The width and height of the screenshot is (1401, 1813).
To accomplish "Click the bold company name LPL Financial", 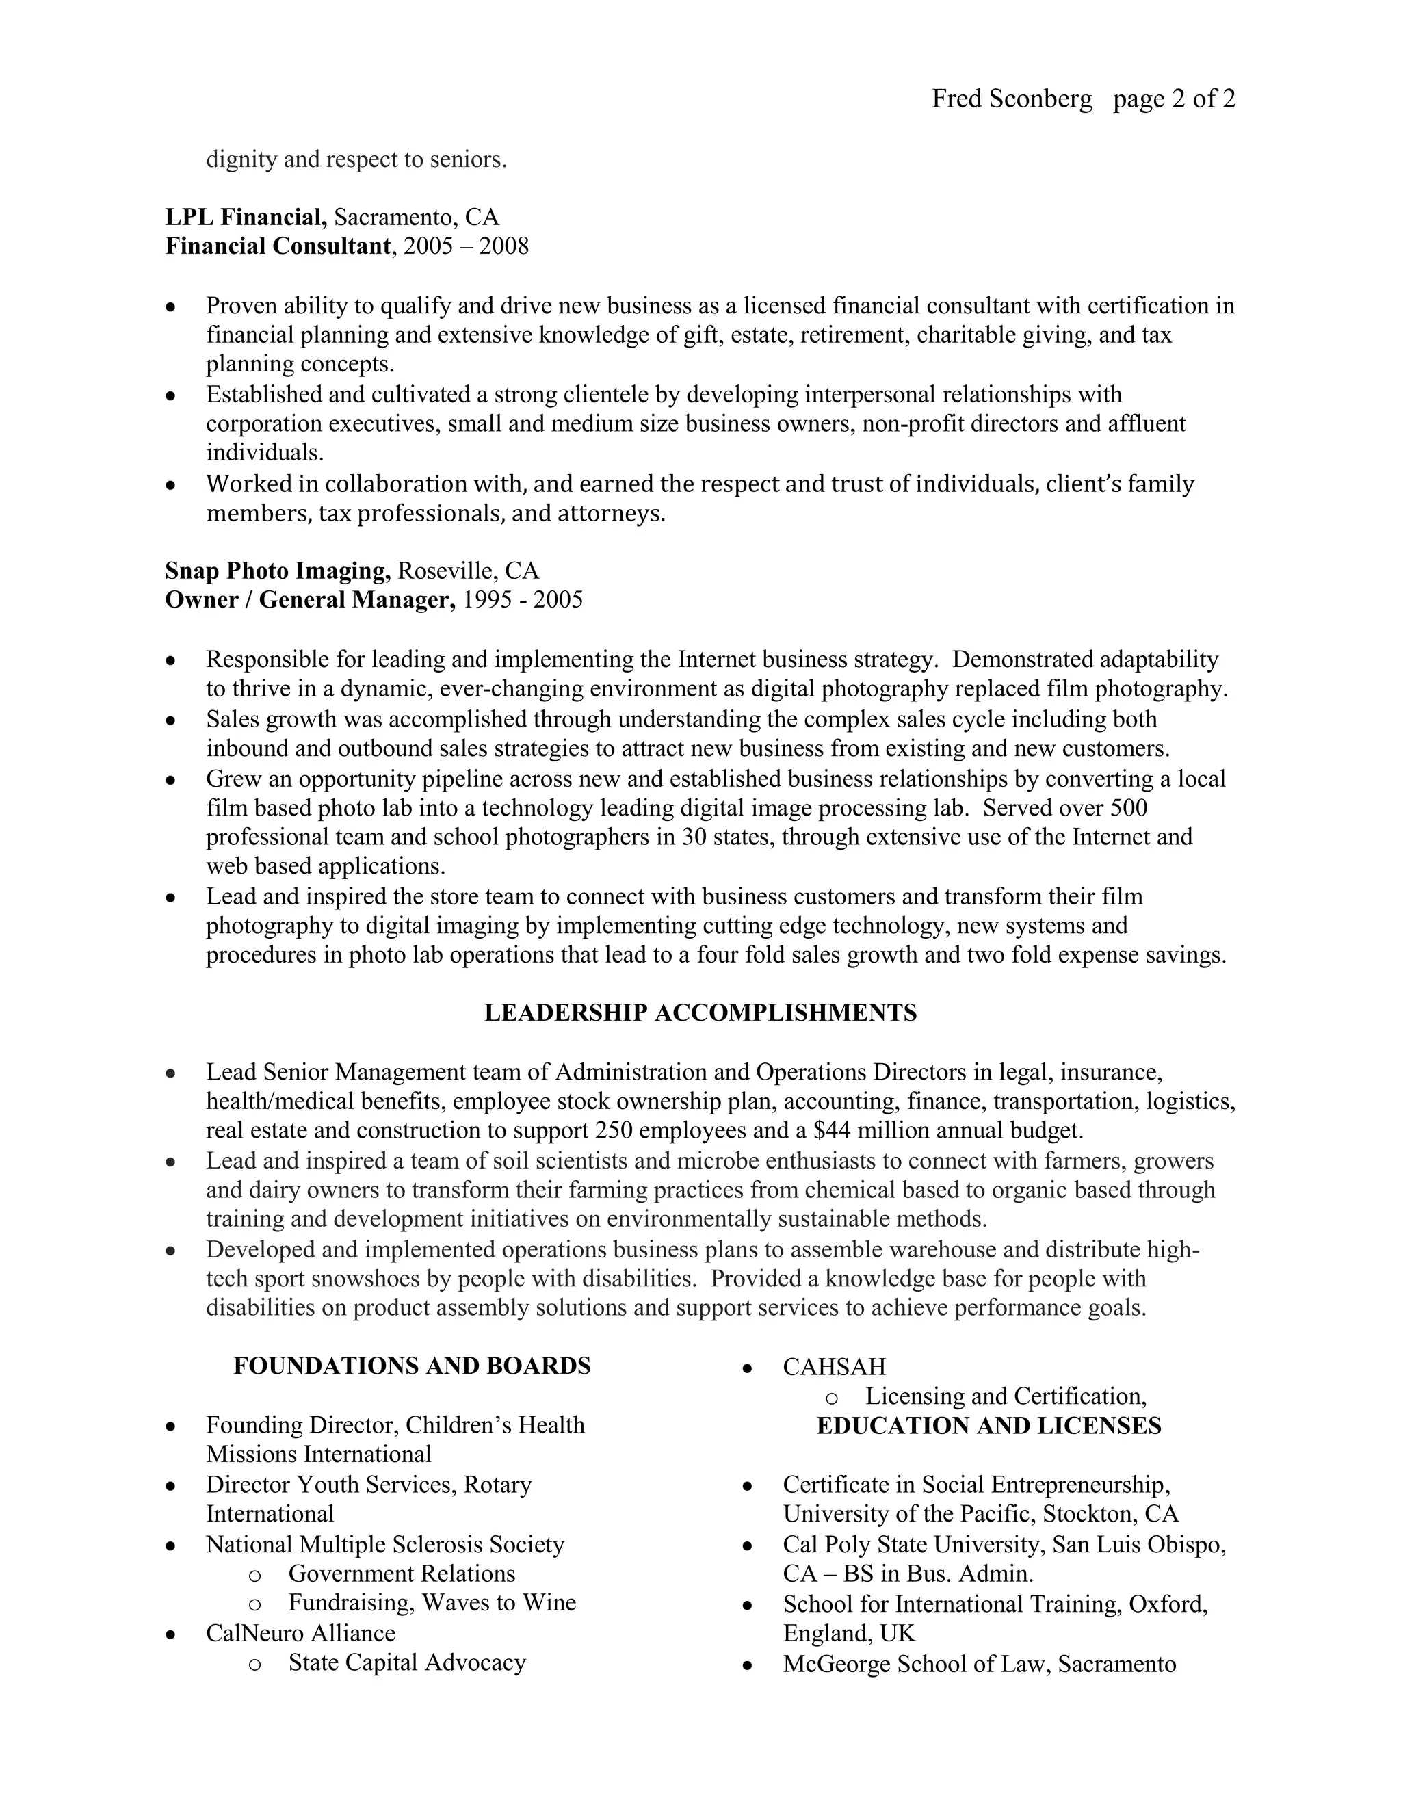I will (x=246, y=218).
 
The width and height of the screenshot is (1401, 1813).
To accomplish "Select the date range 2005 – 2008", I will (x=466, y=246).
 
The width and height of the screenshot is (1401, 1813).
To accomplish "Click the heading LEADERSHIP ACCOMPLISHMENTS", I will (x=700, y=1013).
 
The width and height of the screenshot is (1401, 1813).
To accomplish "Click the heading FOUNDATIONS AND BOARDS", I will (x=412, y=1366).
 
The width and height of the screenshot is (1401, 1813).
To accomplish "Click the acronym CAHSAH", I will (x=834, y=1367).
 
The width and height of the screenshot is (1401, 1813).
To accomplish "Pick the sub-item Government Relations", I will (x=402, y=1574).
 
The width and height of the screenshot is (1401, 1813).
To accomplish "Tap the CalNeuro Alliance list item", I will (x=300, y=1634).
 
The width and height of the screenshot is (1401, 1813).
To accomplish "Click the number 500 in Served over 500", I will (x=1129, y=808).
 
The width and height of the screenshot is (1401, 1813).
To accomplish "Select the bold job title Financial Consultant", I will (x=277, y=246).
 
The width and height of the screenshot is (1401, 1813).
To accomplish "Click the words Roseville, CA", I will (x=468, y=571).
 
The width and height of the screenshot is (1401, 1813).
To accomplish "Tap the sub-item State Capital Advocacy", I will (x=407, y=1662).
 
